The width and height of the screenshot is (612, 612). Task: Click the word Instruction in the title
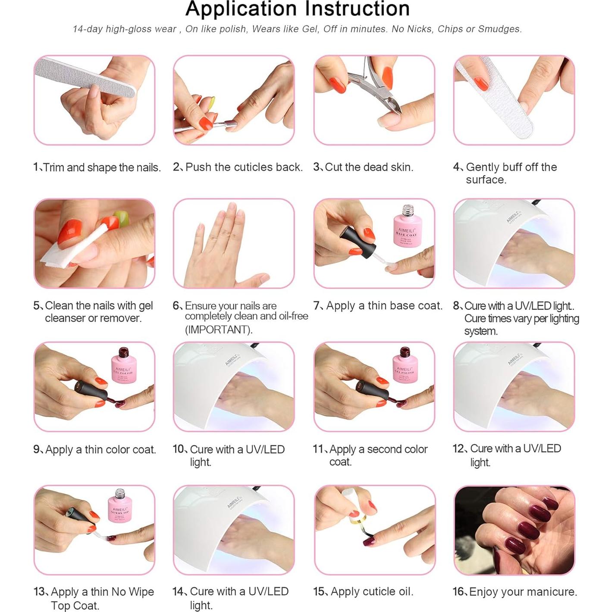358,9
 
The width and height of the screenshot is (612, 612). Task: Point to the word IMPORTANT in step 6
218,330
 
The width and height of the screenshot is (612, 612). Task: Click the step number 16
459,592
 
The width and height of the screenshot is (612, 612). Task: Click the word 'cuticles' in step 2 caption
244,167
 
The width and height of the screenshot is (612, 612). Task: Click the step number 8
457,306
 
